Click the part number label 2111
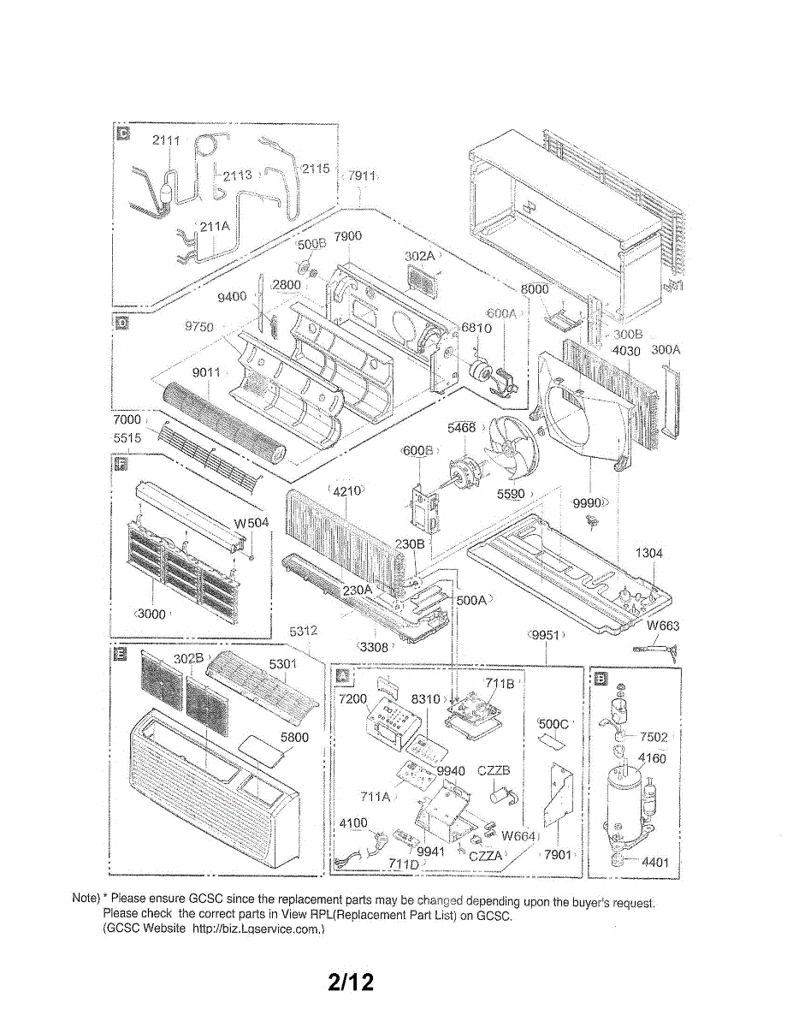point(167,140)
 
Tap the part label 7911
point(362,175)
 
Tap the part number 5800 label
point(294,737)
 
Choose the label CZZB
point(494,770)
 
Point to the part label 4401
point(654,862)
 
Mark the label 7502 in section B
point(654,737)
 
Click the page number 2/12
point(352,982)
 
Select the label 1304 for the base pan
point(649,554)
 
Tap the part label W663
point(663,626)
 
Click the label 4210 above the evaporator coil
point(346,490)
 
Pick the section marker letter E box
point(121,655)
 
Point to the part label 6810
point(476,328)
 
